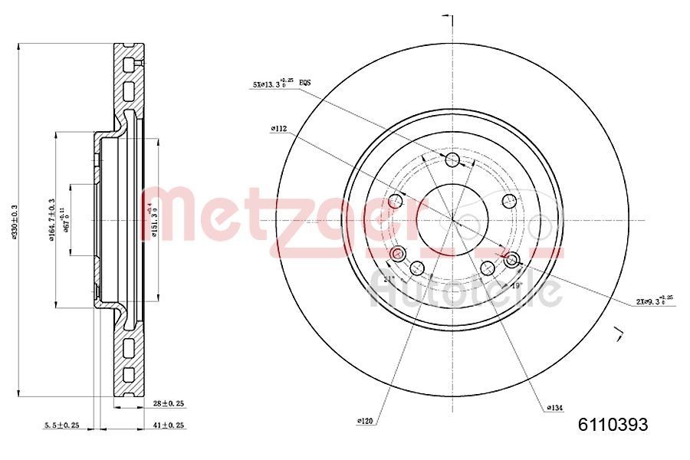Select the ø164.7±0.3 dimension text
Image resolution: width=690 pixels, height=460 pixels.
[x=51, y=220]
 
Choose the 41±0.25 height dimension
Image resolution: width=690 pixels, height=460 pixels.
[x=169, y=425]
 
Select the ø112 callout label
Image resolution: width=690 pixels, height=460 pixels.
[x=278, y=130]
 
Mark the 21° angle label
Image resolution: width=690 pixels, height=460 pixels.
[x=388, y=279]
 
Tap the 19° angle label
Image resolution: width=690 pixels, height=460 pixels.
[x=516, y=284]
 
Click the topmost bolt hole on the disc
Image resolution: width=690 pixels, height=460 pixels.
[x=452, y=159]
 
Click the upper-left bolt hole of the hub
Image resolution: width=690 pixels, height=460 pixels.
[x=396, y=201]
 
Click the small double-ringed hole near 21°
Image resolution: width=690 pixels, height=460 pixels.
[x=396, y=254]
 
